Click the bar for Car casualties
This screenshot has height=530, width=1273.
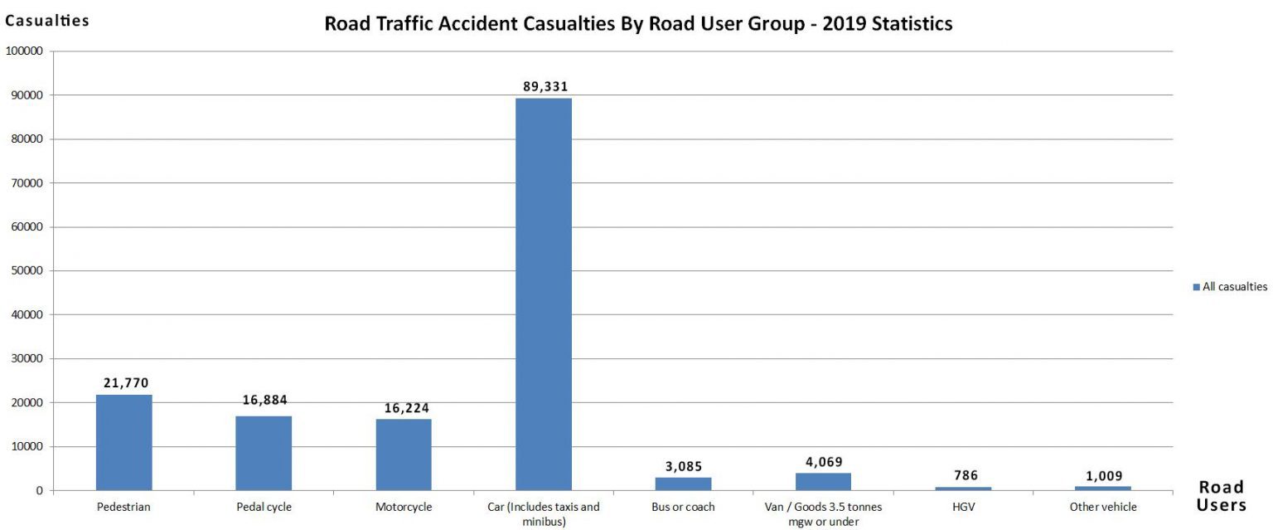pyautogui.click(x=543, y=294)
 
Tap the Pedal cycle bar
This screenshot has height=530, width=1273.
pyautogui.click(x=264, y=453)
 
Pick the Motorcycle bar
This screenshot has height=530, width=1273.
pyautogui.click(x=404, y=455)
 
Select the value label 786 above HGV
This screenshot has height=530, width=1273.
pyautogui.click(x=965, y=475)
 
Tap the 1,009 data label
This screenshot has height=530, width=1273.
pyautogui.click(x=1104, y=475)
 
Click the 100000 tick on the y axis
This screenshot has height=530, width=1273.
pyautogui.click(x=25, y=51)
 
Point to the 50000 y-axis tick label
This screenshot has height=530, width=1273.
pyautogui.click(x=27, y=271)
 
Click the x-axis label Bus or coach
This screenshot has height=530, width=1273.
pyautogui.click(x=683, y=507)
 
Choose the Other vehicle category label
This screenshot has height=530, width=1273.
pyautogui.click(x=1103, y=507)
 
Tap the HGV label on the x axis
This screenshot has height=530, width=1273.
pyautogui.click(x=964, y=507)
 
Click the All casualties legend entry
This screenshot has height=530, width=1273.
pyautogui.click(x=1230, y=287)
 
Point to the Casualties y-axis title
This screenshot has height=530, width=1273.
pyautogui.click(x=47, y=21)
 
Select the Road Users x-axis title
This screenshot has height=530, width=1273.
pyautogui.click(x=1222, y=496)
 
